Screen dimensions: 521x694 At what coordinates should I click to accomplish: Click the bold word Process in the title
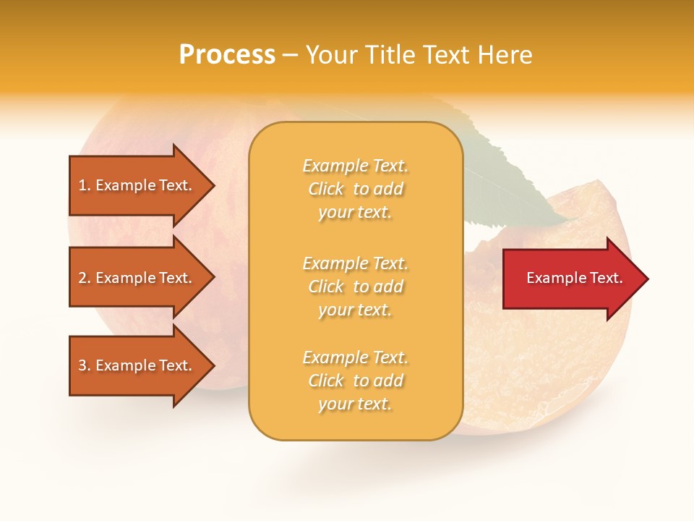227,55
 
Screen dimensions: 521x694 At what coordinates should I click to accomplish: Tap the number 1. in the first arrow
85,185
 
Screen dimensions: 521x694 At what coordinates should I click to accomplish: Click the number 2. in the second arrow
85,278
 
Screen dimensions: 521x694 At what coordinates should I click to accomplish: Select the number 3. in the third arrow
85,365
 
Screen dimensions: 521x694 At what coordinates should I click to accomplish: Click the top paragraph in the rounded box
355,189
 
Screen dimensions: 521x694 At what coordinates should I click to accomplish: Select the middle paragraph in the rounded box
355,286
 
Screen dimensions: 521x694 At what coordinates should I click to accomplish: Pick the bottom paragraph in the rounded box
355,381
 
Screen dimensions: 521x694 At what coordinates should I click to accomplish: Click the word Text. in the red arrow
606,278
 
